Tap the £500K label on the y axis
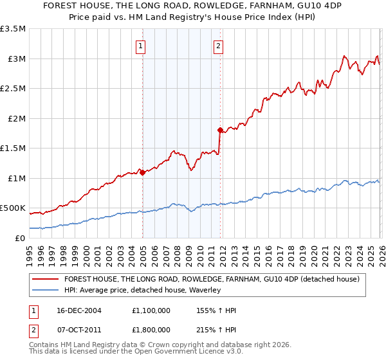(x=13, y=208)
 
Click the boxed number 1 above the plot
(x=140, y=46)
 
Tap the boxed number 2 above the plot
(x=219, y=46)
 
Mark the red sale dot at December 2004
(x=142, y=172)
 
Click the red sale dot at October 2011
(x=220, y=130)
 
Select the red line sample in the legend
(x=46, y=279)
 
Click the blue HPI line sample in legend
(x=46, y=291)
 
